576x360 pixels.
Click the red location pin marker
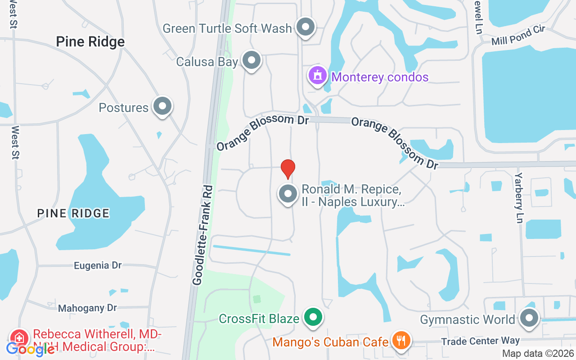[288, 169]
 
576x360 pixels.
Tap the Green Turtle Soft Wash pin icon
[306, 27]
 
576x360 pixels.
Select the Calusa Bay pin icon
[252, 60]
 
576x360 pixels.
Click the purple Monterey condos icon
[318, 76]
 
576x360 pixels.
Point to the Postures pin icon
[162, 107]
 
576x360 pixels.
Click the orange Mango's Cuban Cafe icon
[400, 341]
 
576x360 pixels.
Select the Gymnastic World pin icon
[529, 318]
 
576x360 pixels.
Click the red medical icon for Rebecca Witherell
[19, 337]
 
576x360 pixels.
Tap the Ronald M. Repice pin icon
[288, 194]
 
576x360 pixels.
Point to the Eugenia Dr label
[98, 265]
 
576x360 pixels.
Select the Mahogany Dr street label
[87, 308]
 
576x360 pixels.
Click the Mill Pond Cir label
[518, 36]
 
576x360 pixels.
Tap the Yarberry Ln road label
[519, 197]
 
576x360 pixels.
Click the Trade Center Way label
[480, 341]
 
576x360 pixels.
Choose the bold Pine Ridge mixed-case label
[90, 42]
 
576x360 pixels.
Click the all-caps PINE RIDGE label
[73, 213]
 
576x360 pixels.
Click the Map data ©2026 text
[538, 354]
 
